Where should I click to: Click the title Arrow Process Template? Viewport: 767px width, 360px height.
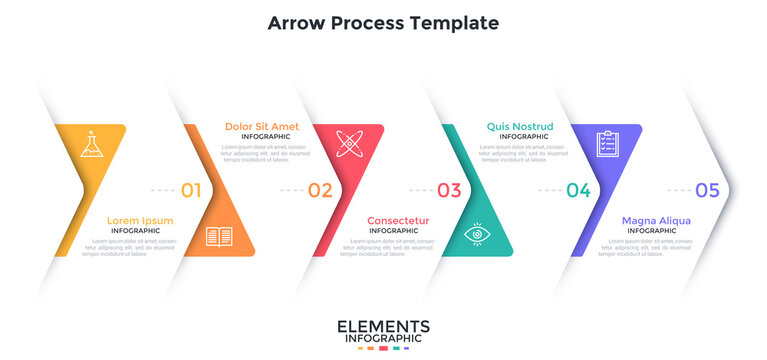(x=383, y=22)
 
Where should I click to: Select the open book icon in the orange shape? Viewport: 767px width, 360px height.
(x=218, y=237)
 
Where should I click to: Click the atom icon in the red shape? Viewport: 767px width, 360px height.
(x=348, y=143)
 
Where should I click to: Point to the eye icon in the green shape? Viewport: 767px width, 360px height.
(x=479, y=235)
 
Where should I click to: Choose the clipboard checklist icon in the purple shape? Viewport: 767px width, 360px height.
(x=606, y=144)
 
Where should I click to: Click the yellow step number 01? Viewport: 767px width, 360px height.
(x=191, y=190)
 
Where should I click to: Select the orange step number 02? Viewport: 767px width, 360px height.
(x=320, y=190)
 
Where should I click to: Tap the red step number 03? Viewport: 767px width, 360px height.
(x=449, y=190)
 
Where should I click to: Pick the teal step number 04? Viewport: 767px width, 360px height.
(x=578, y=190)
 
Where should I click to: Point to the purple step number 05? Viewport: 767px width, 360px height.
(x=707, y=190)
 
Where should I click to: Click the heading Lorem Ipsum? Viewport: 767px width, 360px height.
(x=140, y=221)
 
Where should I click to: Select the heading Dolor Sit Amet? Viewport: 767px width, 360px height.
(x=261, y=126)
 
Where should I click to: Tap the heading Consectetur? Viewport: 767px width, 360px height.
(x=398, y=221)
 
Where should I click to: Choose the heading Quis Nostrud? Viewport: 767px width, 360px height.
(x=519, y=126)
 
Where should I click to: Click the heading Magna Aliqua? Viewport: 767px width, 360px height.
(x=656, y=221)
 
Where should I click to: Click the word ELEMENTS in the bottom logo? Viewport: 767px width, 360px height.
(x=383, y=327)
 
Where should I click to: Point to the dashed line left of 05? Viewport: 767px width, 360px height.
(x=679, y=190)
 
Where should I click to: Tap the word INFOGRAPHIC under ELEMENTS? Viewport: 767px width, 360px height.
(x=383, y=340)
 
